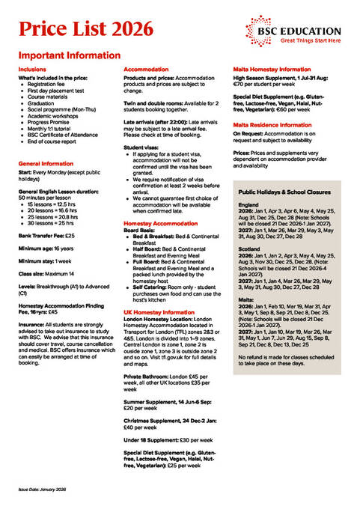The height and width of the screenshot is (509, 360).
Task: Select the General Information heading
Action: click(x=46, y=162)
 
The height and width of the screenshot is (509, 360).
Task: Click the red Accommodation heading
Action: click(x=147, y=69)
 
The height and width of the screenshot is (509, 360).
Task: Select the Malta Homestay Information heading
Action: click(x=272, y=69)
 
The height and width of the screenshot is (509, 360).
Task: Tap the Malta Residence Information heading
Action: click(x=272, y=124)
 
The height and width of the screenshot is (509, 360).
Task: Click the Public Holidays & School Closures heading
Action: click(x=285, y=192)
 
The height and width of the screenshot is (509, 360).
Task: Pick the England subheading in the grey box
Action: click(x=248, y=204)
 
